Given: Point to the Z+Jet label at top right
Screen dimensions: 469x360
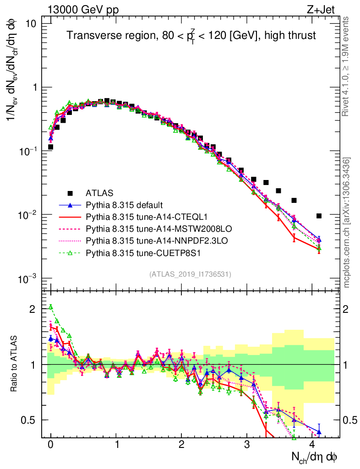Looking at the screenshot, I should point(326,10).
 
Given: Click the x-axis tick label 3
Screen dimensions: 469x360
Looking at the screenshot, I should point(247,445).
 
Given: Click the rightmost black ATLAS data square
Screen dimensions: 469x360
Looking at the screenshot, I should point(319,216).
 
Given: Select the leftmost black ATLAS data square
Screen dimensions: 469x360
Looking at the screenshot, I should point(51,147).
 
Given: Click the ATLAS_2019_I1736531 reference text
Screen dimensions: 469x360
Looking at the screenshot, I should point(190,274).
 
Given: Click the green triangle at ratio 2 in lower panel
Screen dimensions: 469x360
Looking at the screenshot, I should point(51,307).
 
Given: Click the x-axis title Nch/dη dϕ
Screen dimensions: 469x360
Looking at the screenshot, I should point(315,457).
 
